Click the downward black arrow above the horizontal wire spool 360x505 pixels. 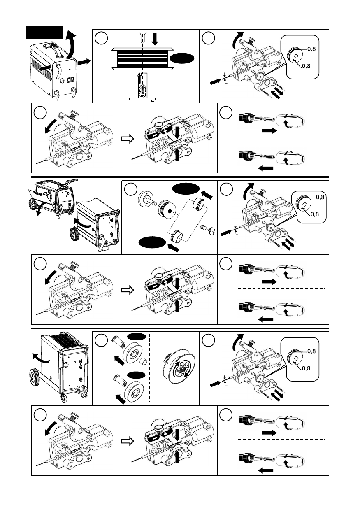pos(155,39)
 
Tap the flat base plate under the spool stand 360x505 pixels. pos(142,99)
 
